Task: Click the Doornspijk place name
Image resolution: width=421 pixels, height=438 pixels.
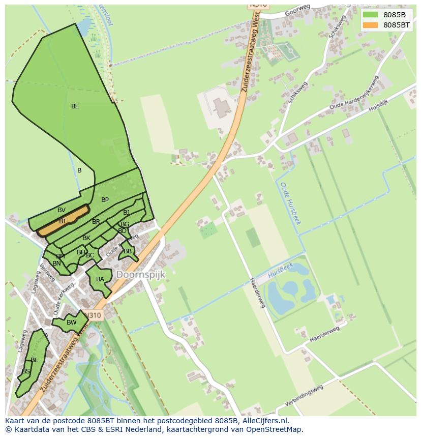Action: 141,275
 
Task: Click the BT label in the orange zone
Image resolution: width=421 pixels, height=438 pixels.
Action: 63,221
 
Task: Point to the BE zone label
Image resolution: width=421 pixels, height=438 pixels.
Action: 75,106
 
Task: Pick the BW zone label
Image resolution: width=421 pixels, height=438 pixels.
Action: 71,322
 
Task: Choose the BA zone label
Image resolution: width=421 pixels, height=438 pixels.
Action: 100,279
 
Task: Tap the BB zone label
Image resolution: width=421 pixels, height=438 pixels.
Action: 128,251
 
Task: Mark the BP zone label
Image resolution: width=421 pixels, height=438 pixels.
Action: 105,200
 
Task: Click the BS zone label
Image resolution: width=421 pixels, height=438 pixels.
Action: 25,371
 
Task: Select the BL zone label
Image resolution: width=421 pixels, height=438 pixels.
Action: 34,360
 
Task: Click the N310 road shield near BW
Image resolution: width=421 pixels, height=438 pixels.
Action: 94,315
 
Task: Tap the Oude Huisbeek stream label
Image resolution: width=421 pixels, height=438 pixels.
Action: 290,203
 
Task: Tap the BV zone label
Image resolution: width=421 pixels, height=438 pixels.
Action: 62,210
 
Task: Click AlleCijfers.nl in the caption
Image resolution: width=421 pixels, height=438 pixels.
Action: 264,421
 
